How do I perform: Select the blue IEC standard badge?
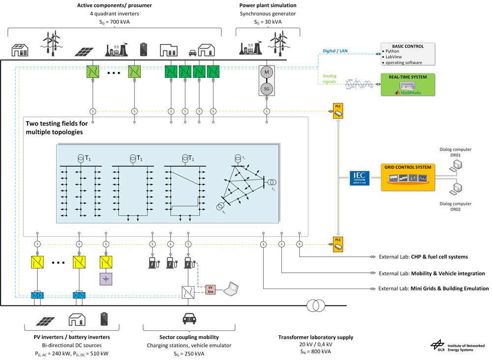[x=359, y=177]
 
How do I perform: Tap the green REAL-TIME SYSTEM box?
[x=408, y=84]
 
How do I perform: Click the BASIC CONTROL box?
[x=408, y=54]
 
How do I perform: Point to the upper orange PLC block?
[x=338, y=111]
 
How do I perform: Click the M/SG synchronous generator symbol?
[x=267, y=80]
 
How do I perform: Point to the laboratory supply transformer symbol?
[x=315, y=306]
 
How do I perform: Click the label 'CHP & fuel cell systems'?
[x=439, y=257]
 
